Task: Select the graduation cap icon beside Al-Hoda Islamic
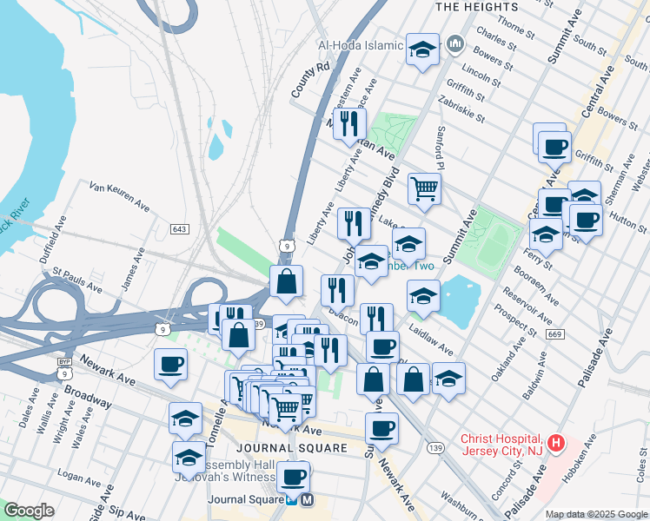point(423,49)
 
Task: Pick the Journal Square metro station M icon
point(306,500)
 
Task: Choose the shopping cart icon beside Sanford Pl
point(424,188)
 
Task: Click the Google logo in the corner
point(29,511)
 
